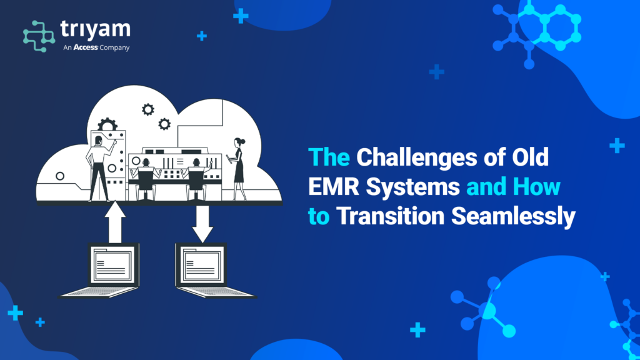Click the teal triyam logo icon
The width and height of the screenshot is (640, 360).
click(39, 36)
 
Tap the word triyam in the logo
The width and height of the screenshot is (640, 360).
click(95, 29)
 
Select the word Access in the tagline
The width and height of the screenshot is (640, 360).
click(85, 47)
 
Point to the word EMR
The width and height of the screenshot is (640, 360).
click(334, 186)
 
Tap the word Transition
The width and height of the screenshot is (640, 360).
click(390, 216)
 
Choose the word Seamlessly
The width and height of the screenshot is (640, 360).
click(513, 217)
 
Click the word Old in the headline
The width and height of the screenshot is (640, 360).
click(530, 157)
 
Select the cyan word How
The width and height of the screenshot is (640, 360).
click(536, 186)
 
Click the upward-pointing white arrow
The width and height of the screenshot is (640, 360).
click(115, 222)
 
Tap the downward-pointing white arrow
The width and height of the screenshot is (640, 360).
click(202, 224)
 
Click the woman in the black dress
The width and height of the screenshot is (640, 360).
click(238, 169)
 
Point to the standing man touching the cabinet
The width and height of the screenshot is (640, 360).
click(99, 168)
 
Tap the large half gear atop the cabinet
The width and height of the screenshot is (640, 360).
click(107, 124)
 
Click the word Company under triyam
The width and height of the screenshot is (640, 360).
click(115, 47)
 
